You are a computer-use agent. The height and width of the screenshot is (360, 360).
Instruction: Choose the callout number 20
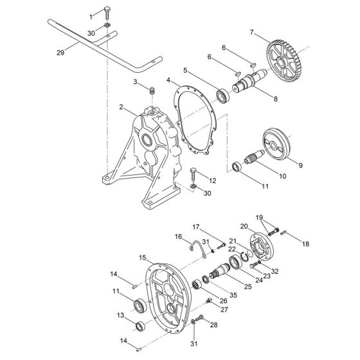(244, 226)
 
